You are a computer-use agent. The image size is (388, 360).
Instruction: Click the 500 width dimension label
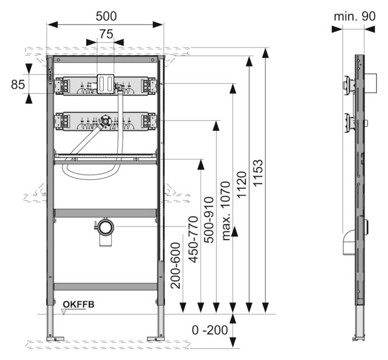click(106, 16)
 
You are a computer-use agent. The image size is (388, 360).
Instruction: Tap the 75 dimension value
click(106, 34)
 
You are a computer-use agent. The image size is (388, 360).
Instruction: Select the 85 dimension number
click(18, 84)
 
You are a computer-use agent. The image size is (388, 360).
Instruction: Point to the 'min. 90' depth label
click(354, 16)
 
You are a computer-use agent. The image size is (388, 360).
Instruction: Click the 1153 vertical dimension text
click(257, 173)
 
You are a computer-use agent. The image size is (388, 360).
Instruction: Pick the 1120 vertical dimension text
click(242, 184)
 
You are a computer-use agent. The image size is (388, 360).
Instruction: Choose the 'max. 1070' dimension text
click(226, 211)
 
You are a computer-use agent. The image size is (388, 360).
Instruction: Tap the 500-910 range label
click(209, 220)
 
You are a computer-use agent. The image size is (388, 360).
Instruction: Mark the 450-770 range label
click(193, 239)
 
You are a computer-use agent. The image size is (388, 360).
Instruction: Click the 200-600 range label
click(176, 265)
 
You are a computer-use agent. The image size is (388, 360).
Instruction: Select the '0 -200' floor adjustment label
click(210, 330)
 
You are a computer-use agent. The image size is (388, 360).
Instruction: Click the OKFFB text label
click(79, 304)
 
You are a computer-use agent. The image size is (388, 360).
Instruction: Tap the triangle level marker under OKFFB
click(64, 312)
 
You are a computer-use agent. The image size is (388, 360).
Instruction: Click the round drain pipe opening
click(106, 226)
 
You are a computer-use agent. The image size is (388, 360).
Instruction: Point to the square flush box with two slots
click(106, 84)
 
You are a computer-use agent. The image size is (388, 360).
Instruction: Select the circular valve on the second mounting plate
click(106, 121)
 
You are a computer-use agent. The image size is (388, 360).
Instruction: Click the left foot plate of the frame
click(55, 339)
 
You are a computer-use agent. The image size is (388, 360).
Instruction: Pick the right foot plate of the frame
click(156, 339)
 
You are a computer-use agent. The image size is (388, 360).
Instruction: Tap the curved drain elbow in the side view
click(349, 242)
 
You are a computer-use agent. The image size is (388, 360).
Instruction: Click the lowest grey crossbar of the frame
click(106, 287)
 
